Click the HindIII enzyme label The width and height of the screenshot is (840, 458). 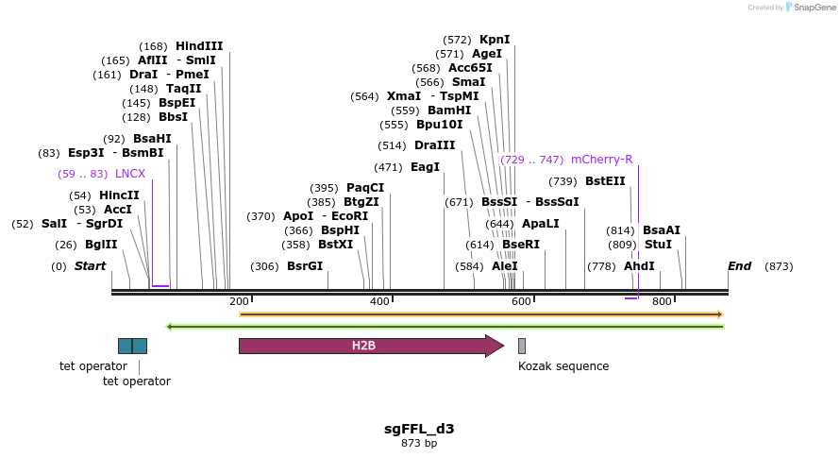pos(199,45)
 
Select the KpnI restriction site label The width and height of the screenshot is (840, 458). pos(495,40)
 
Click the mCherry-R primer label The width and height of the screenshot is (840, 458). pos(601,160)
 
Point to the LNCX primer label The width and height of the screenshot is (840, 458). pos(130,174)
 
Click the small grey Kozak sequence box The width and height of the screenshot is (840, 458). pos(522,346)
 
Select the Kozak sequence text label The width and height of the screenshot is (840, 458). pos(563,366)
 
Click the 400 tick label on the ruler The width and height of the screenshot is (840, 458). pos(379,301)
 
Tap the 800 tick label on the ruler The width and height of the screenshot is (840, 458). pos(661,301)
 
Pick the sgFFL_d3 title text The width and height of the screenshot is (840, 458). pos(419,429)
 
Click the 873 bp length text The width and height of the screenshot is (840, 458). pos(419,443)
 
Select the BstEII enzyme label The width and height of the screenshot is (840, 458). pos(605,181)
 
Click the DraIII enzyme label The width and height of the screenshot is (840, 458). pos(434,145)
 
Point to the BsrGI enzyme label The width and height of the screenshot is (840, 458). pos(305,266)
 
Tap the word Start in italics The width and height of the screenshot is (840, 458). pos(90,266)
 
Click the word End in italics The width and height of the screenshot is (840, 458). pos(739,266)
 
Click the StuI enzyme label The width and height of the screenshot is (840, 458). pos(658,245)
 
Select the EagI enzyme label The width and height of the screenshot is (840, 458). pos(425,167)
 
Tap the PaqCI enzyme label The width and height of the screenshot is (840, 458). pos(365,188)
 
